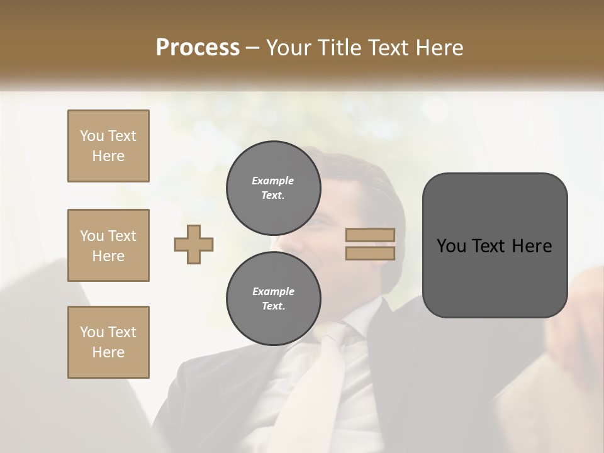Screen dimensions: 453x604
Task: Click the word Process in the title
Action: pos(198,47)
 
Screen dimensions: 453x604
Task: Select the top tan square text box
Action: pos(108,146)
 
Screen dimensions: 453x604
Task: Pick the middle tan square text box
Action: pos(108,245)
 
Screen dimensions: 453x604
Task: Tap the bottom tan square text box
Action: pos(108,342)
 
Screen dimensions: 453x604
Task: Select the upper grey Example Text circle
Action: pos(273,188)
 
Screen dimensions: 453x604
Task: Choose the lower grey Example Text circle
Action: pos(273,299)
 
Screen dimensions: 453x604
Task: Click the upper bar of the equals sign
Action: pos(370,235)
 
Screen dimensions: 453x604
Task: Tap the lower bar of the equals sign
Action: pos(370,253)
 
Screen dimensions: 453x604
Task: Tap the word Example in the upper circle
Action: pos(273,181)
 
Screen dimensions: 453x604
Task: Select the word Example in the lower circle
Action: pos(273,291)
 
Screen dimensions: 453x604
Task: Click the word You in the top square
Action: pos(91,136)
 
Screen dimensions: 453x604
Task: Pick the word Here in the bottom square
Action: pos(108,352)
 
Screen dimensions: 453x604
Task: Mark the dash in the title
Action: pos(252,47)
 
